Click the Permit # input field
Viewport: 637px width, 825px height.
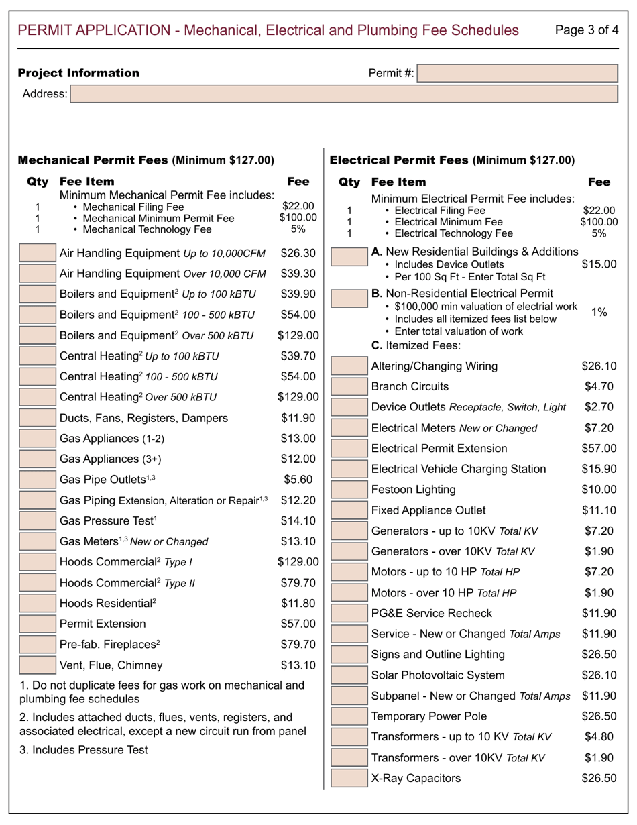coord(517,73)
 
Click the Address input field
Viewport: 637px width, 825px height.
coord(344,94)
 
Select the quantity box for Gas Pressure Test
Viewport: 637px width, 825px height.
coord(38,521)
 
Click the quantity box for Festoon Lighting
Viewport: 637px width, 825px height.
coord(349,490)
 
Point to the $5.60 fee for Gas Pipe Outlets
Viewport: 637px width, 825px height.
coord(298,479)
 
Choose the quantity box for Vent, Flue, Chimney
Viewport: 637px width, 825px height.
coord(38,665)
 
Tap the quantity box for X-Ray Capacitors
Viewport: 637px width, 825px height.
coord(349,778)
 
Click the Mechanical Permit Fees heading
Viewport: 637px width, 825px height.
coord(146,160)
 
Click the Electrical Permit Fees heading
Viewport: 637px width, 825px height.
coord(453,160)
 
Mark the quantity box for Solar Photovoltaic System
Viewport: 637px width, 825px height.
coord(349,675)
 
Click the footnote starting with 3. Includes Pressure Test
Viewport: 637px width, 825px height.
coord(84,750)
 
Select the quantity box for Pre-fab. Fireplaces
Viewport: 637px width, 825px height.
coord(38,645)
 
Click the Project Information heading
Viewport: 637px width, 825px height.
coord(78,73)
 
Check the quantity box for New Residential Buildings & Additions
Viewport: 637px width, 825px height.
coord(349,258)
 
